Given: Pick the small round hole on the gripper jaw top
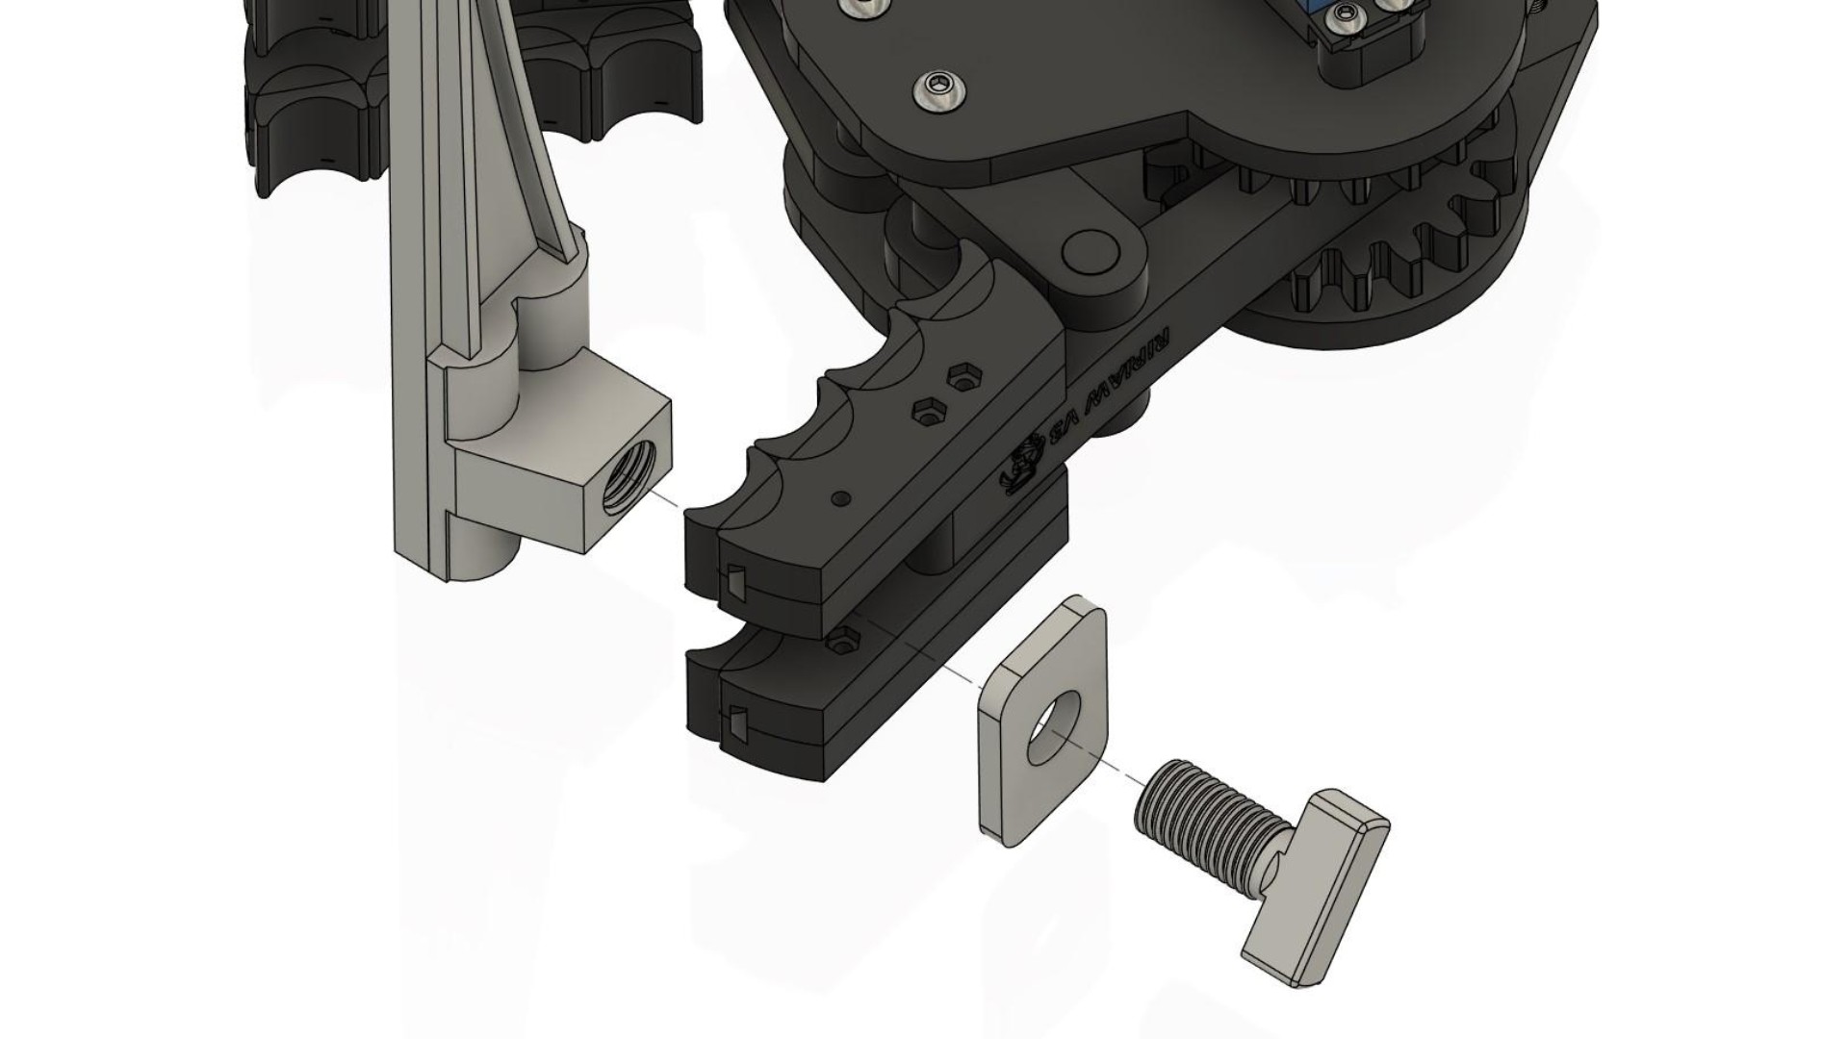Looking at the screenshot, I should coord(842,498).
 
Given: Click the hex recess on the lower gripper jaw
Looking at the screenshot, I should coord(845,636).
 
